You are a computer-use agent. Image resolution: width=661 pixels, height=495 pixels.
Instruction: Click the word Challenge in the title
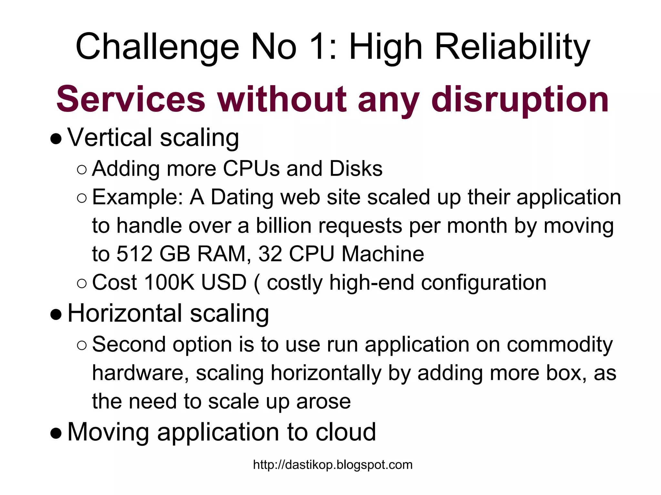[x=157, y=47]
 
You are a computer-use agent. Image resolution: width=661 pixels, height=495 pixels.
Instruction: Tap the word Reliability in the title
[x=512, y=47]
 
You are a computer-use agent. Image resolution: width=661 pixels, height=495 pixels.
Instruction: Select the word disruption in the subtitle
[x=520, y=99]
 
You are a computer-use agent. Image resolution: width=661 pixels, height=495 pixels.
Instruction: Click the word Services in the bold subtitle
[x=131, y=99]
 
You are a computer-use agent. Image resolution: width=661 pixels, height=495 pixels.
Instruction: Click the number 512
[x=134, y=254]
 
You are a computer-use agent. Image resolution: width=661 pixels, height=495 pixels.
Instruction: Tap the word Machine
[x=383, y=254]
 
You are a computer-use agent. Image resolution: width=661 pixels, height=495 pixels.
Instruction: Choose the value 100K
[x=169, y=283]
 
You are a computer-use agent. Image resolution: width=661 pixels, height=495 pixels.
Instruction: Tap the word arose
[x=323, y=402]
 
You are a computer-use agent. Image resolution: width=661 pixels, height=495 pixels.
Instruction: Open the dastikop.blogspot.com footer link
[x=333, y=465]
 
